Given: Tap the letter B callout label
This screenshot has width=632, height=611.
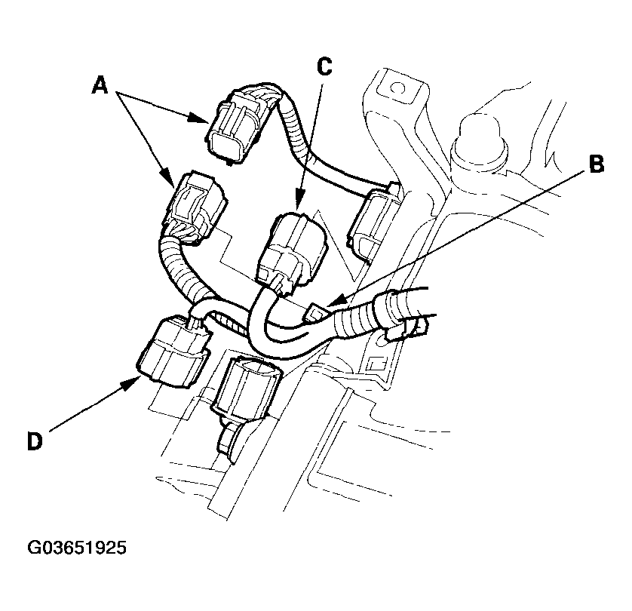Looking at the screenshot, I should [596, 164].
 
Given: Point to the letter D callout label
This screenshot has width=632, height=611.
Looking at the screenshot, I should [33, 440].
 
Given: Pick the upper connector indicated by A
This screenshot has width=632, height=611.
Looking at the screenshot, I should [236, 124].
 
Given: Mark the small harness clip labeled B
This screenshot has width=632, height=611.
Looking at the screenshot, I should [317, 312].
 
